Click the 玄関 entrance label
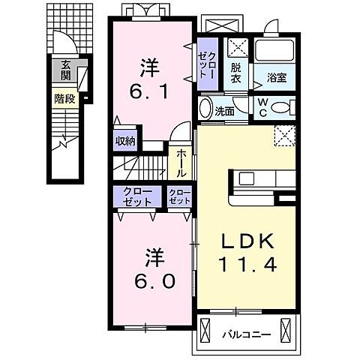click(66, 70)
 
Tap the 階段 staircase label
click(64, 99)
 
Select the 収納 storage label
click(125, 141)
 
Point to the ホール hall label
click(181, 163)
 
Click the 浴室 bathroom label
click(277, 77)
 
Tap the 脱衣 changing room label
click(235, 73)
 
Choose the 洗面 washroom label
click(224, 112)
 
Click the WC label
click(262, 107)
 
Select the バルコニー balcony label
click(247, 334)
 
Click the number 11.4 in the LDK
click(247, 265)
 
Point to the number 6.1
click(148, 91)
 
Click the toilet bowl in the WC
click(283, 108)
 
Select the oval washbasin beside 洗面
click(205, 108)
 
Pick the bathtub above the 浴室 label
click(274, 51)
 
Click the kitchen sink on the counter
click(246, 179)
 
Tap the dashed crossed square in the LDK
click(285, 135)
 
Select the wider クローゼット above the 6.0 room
click(137, 196)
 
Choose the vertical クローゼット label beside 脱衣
click(206, 65)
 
